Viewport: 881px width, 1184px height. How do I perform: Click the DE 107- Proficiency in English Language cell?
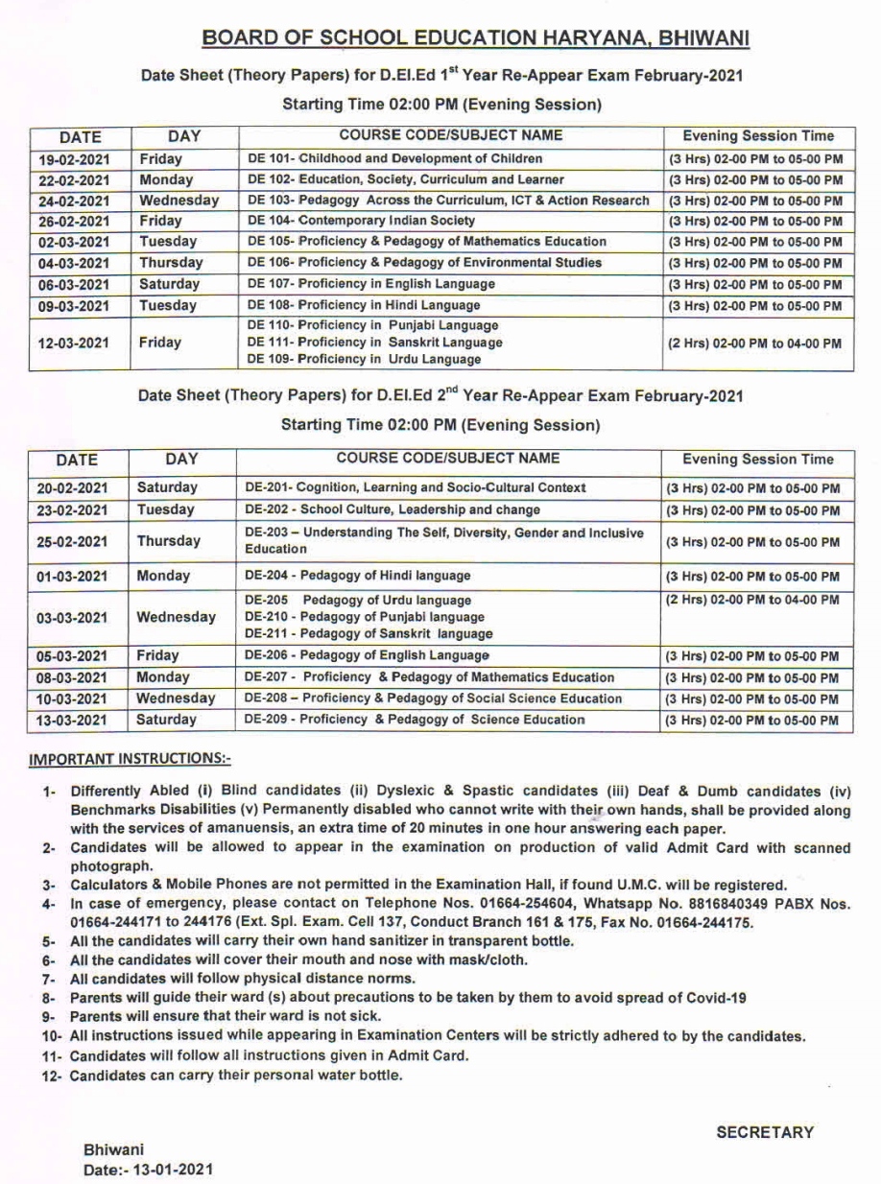click(x=371, y=284)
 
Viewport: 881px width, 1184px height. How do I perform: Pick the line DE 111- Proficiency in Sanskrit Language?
click(x=373, y=343)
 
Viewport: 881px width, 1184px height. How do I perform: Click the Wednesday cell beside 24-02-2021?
click(x=179, y=201)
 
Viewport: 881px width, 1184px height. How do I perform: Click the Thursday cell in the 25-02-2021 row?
click(x=169, y=541)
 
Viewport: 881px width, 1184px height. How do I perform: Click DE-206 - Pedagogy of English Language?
click(x=367, y=656)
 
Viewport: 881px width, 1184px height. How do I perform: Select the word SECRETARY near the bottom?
click(x=765, y=1132)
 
